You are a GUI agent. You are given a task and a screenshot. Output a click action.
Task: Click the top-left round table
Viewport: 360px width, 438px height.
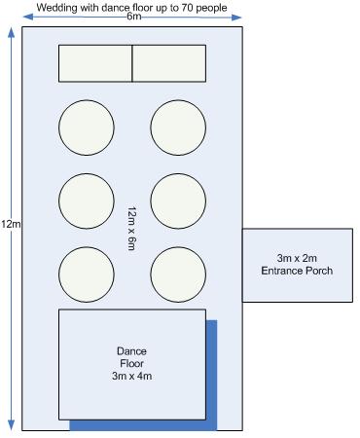[x=87, y=128]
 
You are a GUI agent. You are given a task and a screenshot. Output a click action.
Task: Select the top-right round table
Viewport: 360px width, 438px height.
[x=178, y=128]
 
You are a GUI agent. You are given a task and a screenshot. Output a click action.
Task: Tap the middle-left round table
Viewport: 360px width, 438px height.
[x=87, y=201]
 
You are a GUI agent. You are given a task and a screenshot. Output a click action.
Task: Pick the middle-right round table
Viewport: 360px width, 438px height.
[x=178, y=201]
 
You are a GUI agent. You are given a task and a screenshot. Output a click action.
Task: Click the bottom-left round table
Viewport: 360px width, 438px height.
[x=87, y=274]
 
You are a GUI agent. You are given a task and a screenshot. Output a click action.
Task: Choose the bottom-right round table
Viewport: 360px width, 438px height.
[x=178, y=274]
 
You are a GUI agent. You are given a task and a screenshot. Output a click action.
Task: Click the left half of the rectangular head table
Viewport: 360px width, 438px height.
[x=95, y=63]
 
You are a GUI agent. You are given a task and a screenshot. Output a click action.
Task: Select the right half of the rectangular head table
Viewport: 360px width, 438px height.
[x=169, y=63]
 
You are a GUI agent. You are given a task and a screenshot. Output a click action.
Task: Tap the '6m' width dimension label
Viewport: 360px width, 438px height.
[x=133, y=17]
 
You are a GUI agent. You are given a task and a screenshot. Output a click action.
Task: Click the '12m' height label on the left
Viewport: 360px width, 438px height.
[x=11, y=224]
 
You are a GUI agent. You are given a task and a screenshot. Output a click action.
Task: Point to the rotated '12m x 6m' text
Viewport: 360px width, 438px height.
[x=131, y=229]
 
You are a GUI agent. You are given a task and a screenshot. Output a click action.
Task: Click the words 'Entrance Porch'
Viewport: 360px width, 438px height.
[x=297, y=271]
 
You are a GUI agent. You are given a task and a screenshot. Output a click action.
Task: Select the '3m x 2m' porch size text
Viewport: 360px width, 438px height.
[x=297, y=258]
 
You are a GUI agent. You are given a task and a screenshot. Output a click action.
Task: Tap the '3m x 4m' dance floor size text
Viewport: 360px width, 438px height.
[x=132, y=376]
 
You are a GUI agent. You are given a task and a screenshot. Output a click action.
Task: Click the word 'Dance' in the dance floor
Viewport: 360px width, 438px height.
[x=131, y=351]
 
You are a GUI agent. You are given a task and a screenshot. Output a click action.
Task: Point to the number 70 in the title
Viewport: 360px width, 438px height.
[x=182, y=8]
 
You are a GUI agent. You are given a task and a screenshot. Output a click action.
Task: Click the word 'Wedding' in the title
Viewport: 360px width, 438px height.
[x=57, y=8]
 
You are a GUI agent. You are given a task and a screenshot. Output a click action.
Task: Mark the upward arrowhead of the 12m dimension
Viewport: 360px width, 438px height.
[x=11, y=33]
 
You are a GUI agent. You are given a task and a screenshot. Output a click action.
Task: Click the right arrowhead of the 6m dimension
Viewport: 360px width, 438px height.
[x=236, y=17]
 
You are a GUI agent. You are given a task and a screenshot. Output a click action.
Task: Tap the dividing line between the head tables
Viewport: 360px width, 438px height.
[x=132, y=63]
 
